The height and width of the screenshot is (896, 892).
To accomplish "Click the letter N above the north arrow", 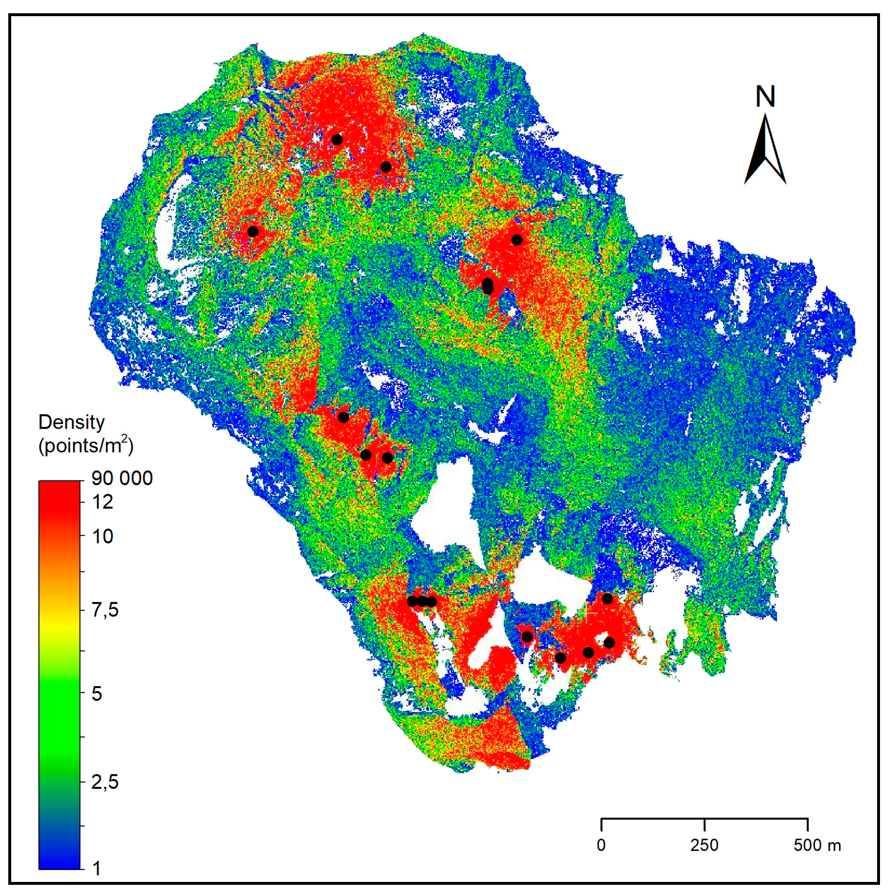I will click(x=765, y=96).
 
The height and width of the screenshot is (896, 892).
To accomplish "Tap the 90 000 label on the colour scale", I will click(x=122, y=478).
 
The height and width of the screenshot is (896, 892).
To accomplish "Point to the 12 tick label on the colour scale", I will click(x=103, y=502).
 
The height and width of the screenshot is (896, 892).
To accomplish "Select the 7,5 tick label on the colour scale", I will click(x=105, y=610).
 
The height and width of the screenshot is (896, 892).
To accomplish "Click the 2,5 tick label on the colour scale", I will click(x=105, y=782).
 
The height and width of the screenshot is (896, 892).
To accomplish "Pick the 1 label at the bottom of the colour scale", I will click(x=96, y=868).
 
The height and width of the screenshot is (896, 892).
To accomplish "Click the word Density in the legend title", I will click(x=72, y=422).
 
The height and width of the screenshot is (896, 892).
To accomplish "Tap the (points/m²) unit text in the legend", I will click(x=86, y=446).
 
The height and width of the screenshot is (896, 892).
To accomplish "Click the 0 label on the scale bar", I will click(x=601, y=845).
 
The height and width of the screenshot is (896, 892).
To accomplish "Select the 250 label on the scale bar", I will click(x=704, y=845).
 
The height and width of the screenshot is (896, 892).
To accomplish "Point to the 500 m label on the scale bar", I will click(x=817, y=845).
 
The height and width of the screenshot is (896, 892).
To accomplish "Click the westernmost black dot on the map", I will click(x=253, y=231).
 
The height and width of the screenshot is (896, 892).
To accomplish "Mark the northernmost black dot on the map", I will click(x=337, y=139).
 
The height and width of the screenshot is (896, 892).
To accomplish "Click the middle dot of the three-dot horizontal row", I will click(x=422, y=601).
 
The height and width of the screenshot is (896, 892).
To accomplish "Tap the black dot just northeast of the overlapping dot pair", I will click(x=517, y=240).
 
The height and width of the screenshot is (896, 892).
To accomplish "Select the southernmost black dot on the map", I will click(x=561, y=658).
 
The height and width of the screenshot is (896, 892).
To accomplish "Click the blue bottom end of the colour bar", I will click(x=59, y=860).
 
